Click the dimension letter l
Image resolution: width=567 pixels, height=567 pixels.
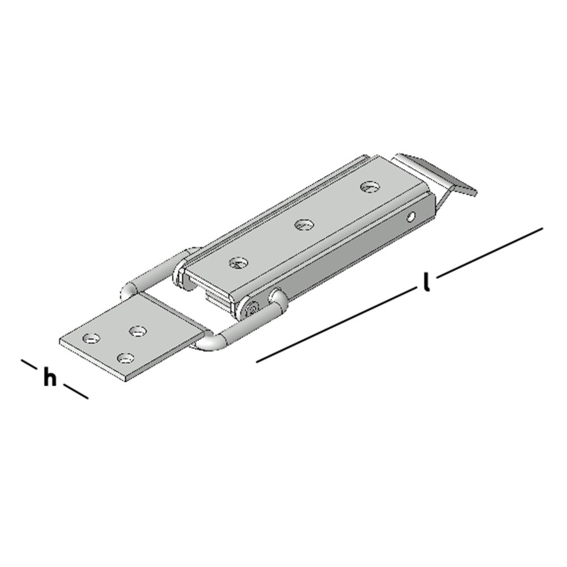click(426, 282)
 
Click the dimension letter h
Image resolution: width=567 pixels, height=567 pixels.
click(50, 378)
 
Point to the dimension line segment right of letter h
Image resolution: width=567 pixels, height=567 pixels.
click(75, 391)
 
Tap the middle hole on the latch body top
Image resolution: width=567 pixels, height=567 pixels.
click(304, 225)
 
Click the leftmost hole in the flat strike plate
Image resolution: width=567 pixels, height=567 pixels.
click(90, 338)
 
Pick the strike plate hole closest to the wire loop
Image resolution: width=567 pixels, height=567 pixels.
click(137, 330)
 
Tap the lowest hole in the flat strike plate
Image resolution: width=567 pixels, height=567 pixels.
click(125, 358)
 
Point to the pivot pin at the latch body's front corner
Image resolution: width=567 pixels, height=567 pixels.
click(252, 308)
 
